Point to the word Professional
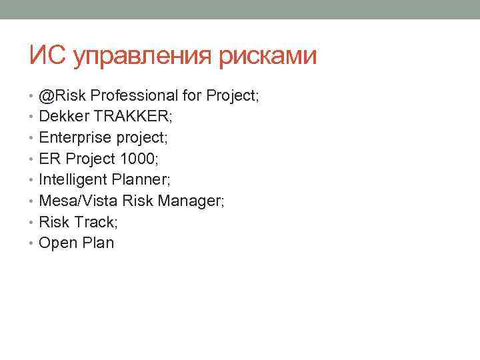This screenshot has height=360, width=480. pos(137,96)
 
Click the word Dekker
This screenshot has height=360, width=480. pos(64,117)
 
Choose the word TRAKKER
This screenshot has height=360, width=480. pos(132,117)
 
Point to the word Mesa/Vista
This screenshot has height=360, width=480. pos(78,201)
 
